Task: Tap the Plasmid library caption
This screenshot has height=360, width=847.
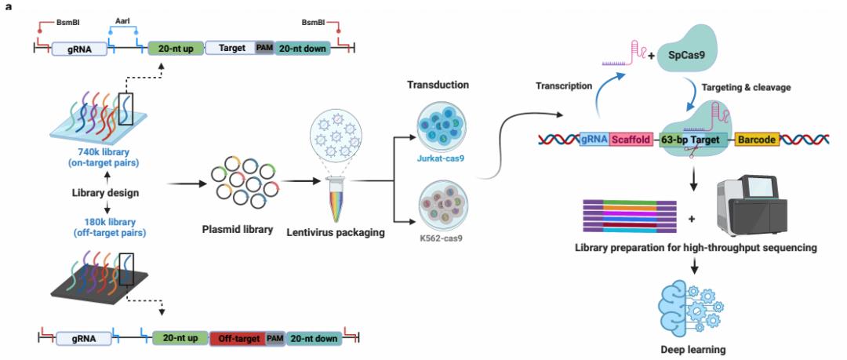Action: (235, 231)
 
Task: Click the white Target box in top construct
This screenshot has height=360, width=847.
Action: (229, 48)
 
